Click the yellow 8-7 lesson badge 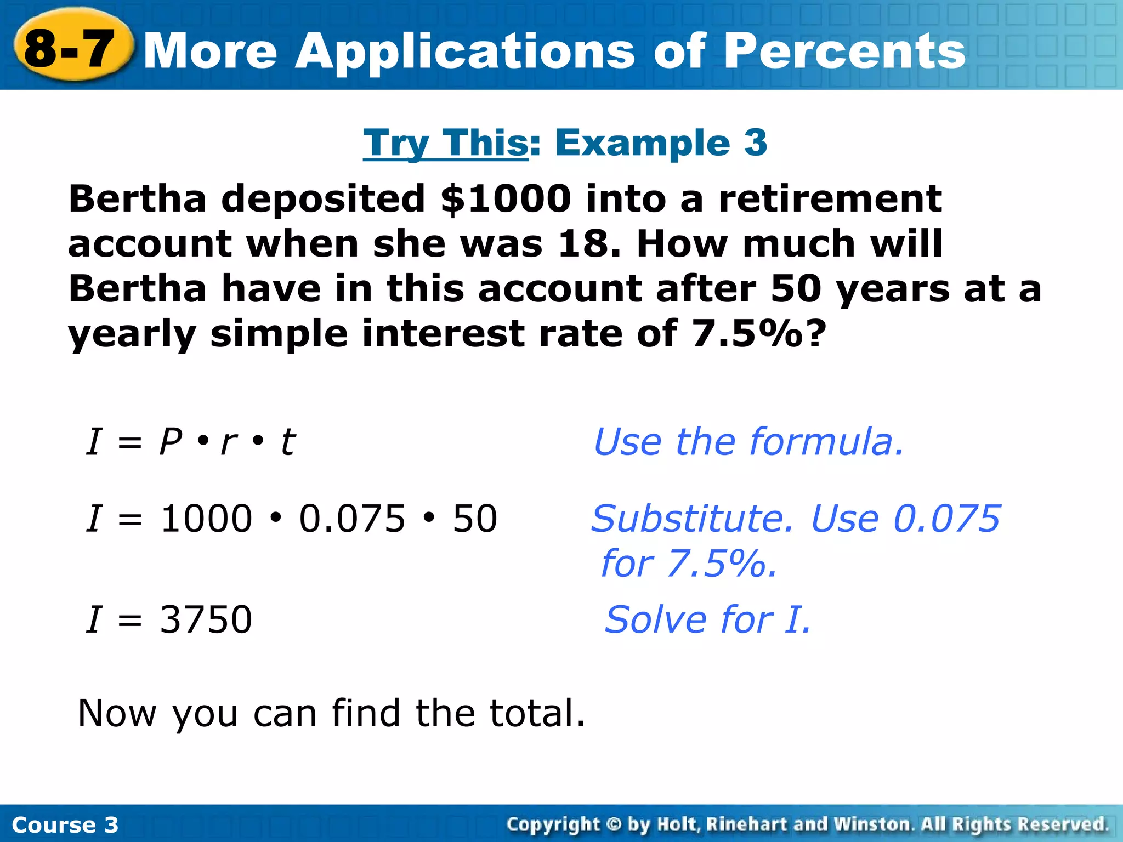[71, 48]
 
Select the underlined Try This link [445, 143]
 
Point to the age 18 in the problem [589, 243]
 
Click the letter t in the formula [288, 442]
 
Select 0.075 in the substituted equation [352, 519]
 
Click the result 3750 [206, 620]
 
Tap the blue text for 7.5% [689, 564]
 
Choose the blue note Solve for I [707, 620]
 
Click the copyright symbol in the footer [614, 824]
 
